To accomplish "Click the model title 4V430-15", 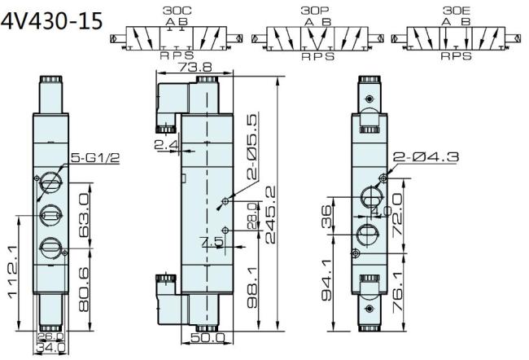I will point(54,20).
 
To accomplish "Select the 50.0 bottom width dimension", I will point(209,337).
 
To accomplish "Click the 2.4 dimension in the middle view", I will point(164,145).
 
